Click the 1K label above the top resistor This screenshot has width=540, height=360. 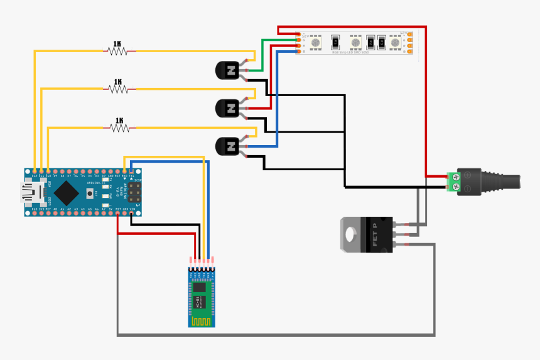(x=117, y=44)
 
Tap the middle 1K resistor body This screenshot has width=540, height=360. (x=118, y=89)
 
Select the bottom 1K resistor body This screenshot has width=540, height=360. (x=119, y=128)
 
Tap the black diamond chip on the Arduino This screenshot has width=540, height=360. (x=65, y=192)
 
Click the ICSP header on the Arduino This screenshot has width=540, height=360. (x=134, y=192)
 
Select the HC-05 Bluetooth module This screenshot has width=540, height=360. (x=202, y=295)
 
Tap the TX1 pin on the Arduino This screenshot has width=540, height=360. (x=131, y=171)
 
